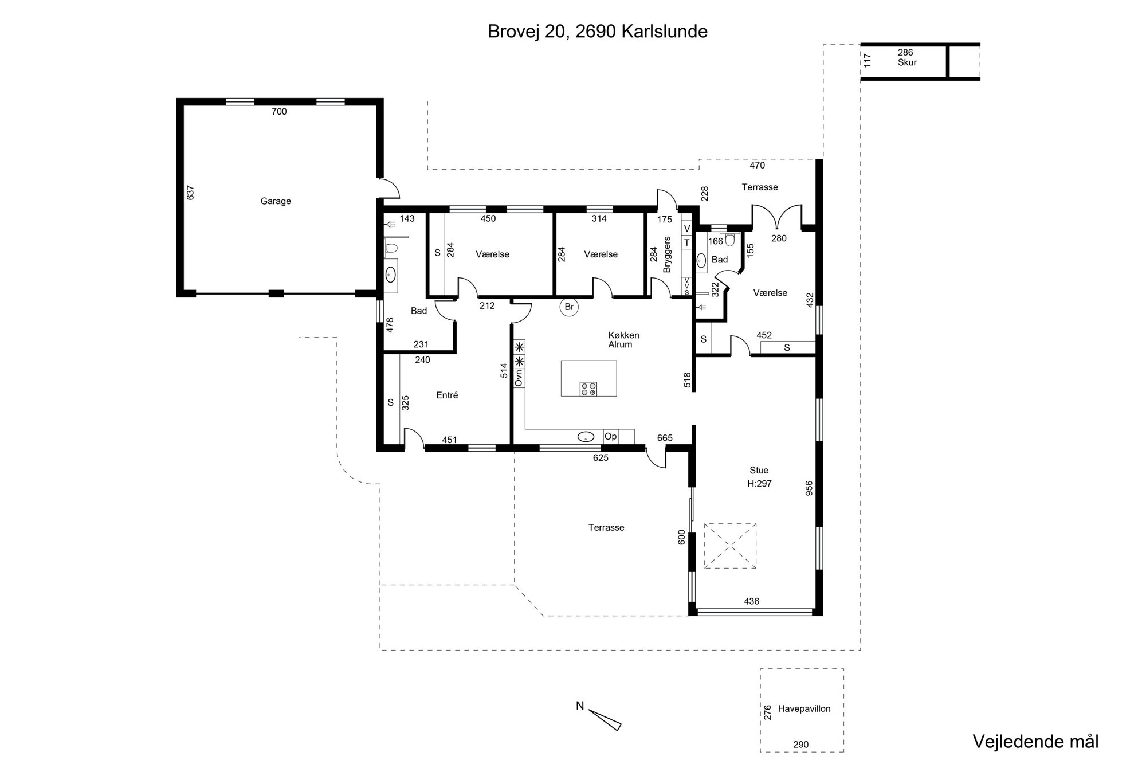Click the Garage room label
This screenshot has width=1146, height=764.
pyautogui.click(x=276, y=201)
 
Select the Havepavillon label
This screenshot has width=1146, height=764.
pyautogui.click(x=804, y=709)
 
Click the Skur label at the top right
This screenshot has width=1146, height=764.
pyautogui.click(x=907, y=62)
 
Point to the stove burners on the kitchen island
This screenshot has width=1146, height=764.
pyautogui.click(x=588, y=389)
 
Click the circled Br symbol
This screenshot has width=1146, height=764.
pyautogui.click(x=569, y=307)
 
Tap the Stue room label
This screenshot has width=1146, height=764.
pyautogui.click(x=759, y=471)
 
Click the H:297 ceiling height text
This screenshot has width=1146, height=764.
pyautogui.click(x=759, y=484)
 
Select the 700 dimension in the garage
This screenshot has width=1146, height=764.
pyautogui.click(x=279, y=112)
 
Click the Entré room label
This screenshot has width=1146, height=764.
pyautogui.click(x=447, y=395)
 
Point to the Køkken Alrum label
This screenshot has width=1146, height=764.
pyautogui.click(x=623, y=340)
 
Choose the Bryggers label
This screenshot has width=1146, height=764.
pyautogui.click(x=666, y=254)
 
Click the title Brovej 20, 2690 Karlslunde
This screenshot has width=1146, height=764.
pyautogui.click(x=598, y=32)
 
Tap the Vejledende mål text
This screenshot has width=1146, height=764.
pyautogui.click(x=1035, y=741)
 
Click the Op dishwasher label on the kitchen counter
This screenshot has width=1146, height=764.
pyautogui.click(x=611, y=437)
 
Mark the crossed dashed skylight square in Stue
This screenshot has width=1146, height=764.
pyautogui.click(x=730, y=546)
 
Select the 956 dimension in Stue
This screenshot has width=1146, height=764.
pyautogui.click(x=809, y=488)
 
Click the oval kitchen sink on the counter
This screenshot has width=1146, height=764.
pyautogui.click(x=586, y=437)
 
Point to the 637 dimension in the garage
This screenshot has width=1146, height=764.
pyautogui.click(x=191, y=193)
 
